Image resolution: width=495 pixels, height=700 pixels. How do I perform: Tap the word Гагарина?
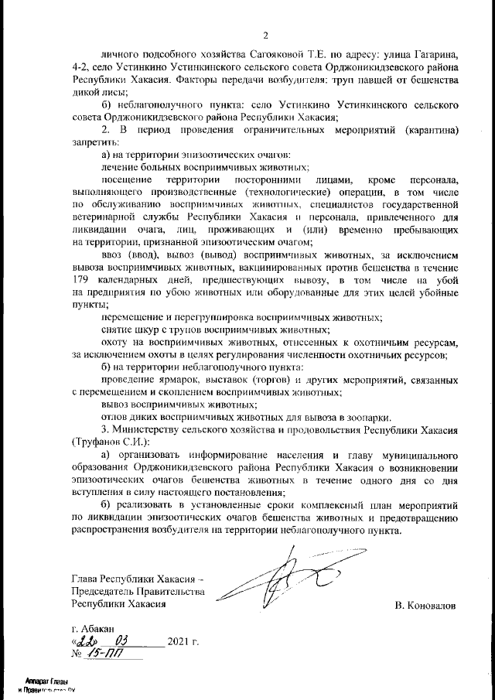(437, 56)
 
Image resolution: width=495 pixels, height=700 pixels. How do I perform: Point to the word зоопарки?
(369, 415)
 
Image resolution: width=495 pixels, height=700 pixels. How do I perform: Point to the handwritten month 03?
(121, 641)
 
